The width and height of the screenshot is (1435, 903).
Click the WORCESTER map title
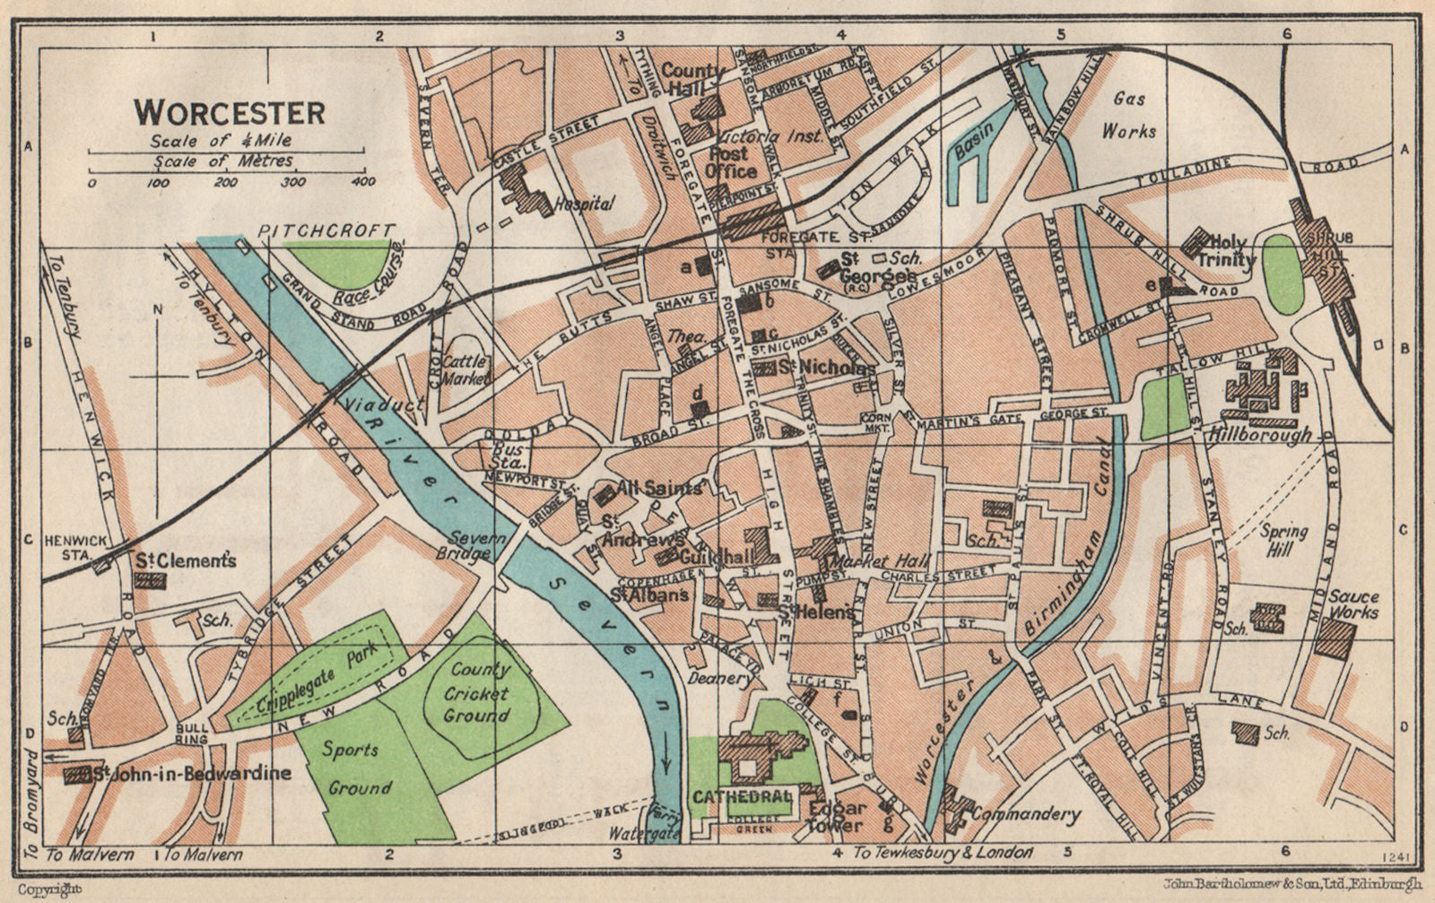click(x=230, y=113)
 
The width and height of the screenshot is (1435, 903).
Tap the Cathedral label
click(x=741, y=796)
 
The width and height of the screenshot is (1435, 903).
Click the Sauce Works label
click(x=1354, y=604)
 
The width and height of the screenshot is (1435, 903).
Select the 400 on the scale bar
click(x=363, y=183)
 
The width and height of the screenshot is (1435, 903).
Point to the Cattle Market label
click(x=467, y=369)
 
